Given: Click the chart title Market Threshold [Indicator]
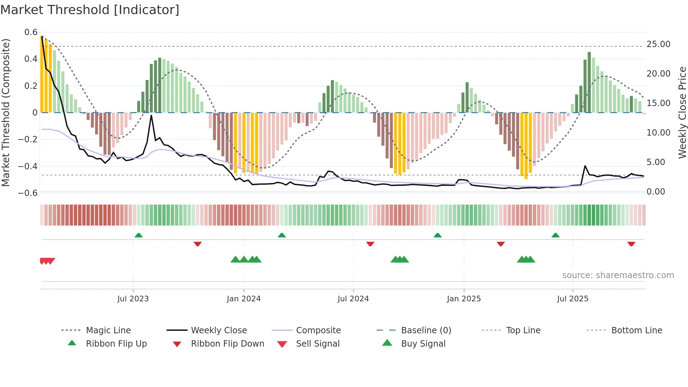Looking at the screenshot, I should tap(90, 10).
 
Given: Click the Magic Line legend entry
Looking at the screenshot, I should tap(108, 330).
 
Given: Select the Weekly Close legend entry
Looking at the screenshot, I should tap(219, 330).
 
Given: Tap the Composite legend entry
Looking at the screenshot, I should tap(318, 330).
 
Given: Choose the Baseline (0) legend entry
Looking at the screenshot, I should tap(426, 330).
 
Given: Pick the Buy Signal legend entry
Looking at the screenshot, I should tap(423, 343).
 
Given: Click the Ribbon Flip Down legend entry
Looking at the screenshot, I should tap(227, 343).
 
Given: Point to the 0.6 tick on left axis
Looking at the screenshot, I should tap(31, 32).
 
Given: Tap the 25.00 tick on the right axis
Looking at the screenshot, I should tap(658, 44).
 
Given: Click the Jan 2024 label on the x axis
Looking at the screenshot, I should tap(244, 299).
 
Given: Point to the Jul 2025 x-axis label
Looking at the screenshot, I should tap(573, 299).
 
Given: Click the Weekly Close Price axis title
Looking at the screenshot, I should tap(682, 112).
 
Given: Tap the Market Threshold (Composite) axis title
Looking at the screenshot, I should tap(6, 112).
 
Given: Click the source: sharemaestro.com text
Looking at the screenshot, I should tap(618, 275).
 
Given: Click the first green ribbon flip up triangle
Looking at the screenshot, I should tap(139, 235).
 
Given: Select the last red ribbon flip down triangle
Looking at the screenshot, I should tap(631, 244).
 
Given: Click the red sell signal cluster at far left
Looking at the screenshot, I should tap(47, 261).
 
